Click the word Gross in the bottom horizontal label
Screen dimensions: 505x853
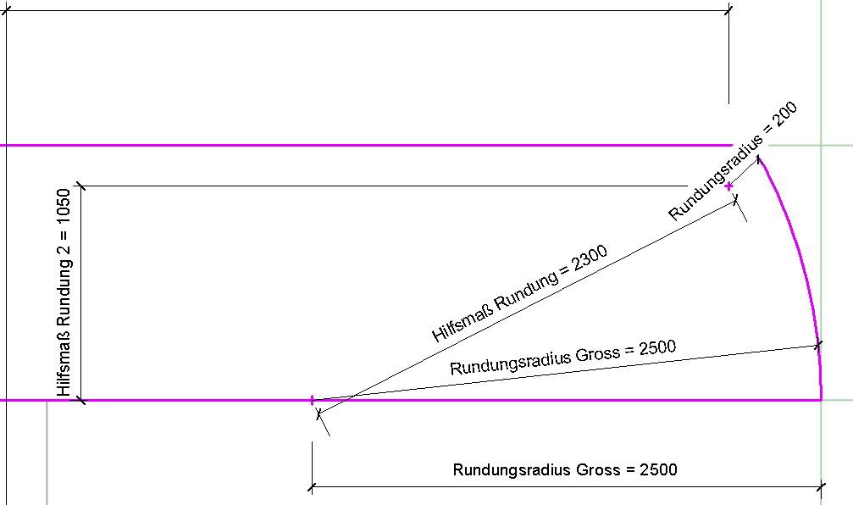tap(598, 469)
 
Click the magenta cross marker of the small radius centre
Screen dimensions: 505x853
tap(729, 186)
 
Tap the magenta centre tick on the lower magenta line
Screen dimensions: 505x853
tap(313, 399)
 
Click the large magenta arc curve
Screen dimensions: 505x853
tap(800, 254)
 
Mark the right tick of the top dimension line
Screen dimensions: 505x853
tap(729, 10)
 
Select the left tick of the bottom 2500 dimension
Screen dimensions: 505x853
tap(313, 487)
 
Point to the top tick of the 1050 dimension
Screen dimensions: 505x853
tap(80, 185)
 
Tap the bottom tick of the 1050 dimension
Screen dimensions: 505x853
tap(80, 399)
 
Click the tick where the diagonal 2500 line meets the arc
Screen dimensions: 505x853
tap(817, 345)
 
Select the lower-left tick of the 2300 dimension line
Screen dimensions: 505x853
tap(318, 413)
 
